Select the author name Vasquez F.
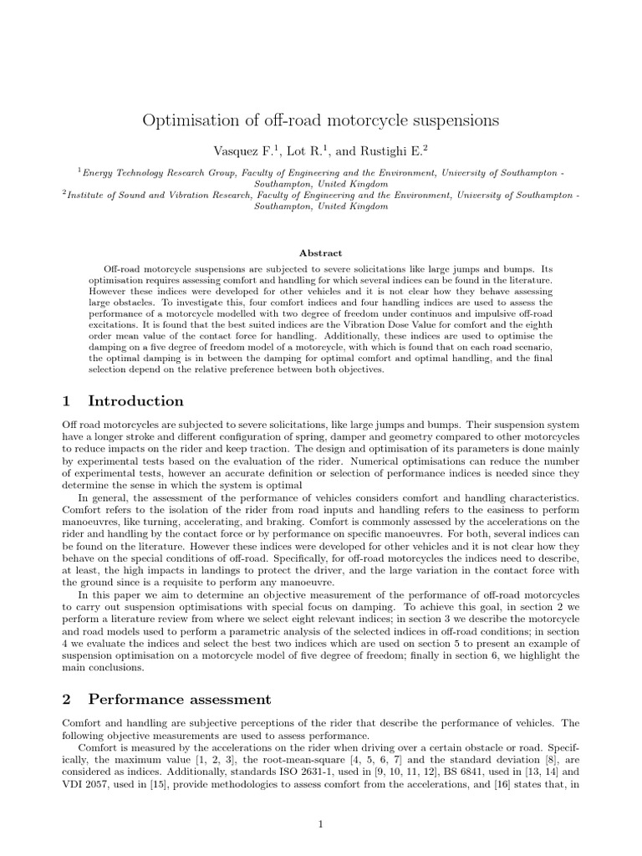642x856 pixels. pos(239,150)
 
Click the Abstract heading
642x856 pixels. pos(321,252)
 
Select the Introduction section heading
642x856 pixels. pos(136,400)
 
